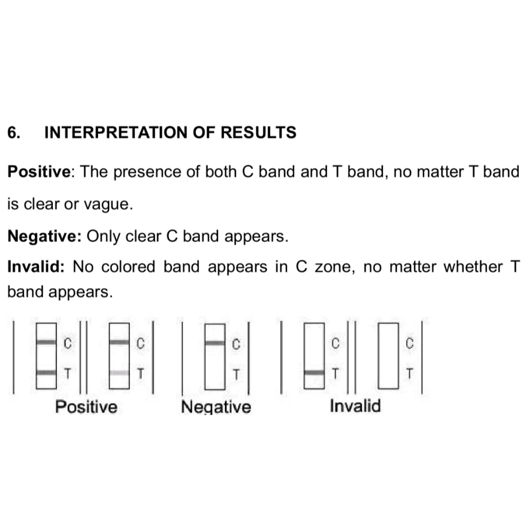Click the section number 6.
tap(14, 133)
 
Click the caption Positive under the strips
tap(86, 407)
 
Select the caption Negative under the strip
tap(216, 407)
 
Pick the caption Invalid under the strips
tap(355, 406)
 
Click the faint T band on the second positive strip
tap(119, 372)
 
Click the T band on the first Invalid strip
tap(314, 372)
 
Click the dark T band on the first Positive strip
tap(46, 372)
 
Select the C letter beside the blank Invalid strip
tap(409, 343)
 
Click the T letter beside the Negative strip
tap(236, 373)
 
